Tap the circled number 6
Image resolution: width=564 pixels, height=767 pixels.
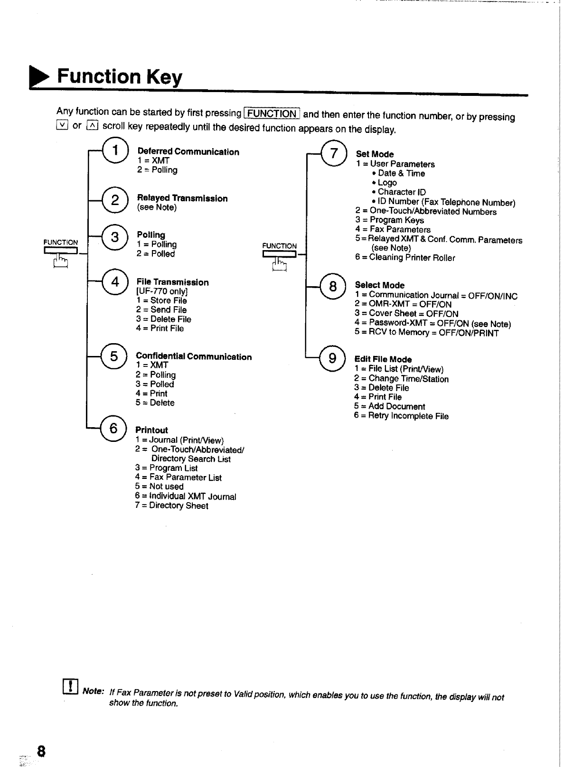(113, 428)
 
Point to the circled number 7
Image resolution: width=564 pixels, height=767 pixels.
(334, 153)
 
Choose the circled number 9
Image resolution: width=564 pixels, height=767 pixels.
(332, 358)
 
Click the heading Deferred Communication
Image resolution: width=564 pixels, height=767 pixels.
(188, 152)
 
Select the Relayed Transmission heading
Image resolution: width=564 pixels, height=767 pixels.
(182, 198)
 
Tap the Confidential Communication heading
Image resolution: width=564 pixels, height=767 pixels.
(194, 356)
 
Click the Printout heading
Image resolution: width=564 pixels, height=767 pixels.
(151, 430)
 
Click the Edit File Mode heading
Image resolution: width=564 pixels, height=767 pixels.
(383, 359)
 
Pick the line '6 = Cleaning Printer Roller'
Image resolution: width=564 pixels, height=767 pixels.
(405, 258)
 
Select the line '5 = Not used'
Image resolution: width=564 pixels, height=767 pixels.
(159, 486)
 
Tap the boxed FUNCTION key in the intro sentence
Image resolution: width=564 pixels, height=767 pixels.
(272, 114)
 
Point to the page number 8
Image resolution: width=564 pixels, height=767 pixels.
(41, 751)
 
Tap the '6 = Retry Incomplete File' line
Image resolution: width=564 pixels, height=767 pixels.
(401, 416)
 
